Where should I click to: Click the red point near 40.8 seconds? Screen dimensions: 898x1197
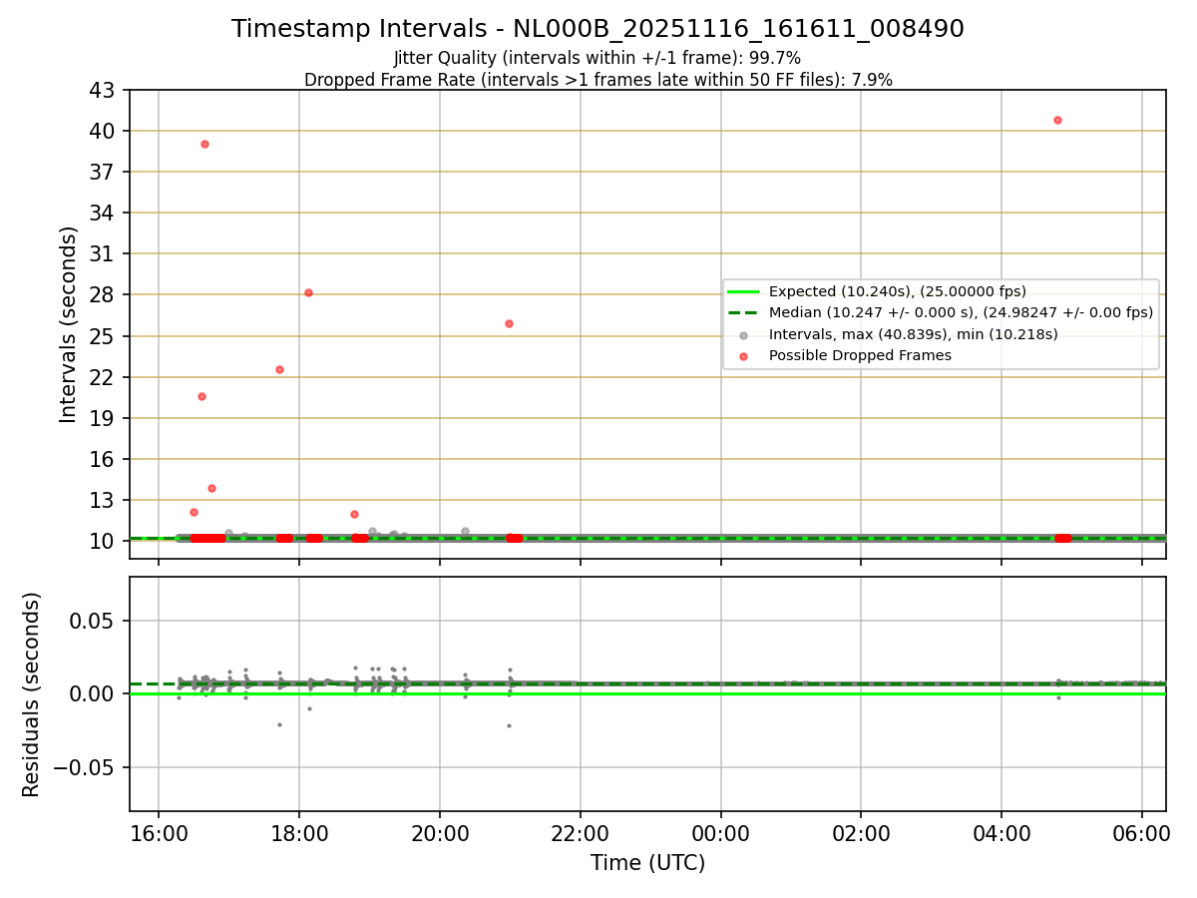coord(1057,120)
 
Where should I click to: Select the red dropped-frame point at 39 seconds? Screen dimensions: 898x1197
coord(204,144)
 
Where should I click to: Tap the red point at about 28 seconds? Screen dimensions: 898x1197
coord(308,292)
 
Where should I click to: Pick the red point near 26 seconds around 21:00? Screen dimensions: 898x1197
coord(509,323)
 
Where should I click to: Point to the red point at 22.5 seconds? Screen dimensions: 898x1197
coord(279,369)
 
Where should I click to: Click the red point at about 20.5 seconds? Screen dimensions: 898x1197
coord(201,396)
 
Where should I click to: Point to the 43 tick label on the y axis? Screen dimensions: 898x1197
coord(104,91)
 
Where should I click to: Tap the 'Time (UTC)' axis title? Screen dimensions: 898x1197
coord(647,863)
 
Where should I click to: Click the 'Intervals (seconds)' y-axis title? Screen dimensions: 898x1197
coord(68,324)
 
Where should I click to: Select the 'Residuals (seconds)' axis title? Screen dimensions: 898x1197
coord(31,694)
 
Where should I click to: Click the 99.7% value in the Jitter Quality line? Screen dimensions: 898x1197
coord(777,58)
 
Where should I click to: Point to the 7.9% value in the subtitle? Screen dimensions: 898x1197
coord(872,79)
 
